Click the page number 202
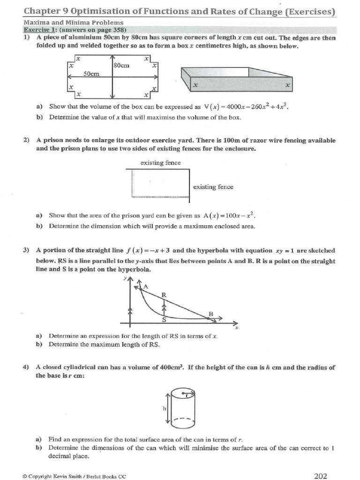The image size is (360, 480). click(x=320, y=476)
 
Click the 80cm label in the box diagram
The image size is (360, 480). click(x=121, y=66)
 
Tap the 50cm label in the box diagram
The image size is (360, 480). click(x=91, y=74)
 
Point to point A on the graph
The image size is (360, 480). click(x=145, y=286)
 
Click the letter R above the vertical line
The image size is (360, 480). click(x=164, y=295)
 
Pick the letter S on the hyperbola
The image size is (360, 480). click(x=164, y=320)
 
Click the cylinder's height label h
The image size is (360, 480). click(x=165, y=408)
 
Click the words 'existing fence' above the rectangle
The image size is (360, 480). click(x=160, y=163)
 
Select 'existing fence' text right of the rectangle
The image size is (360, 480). click(x=213, y=187)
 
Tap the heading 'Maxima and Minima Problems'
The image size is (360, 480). click(x=67, y=22)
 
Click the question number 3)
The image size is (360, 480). click(x=26, y=250)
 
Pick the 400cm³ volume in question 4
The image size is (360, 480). click(x=171, y=367)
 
